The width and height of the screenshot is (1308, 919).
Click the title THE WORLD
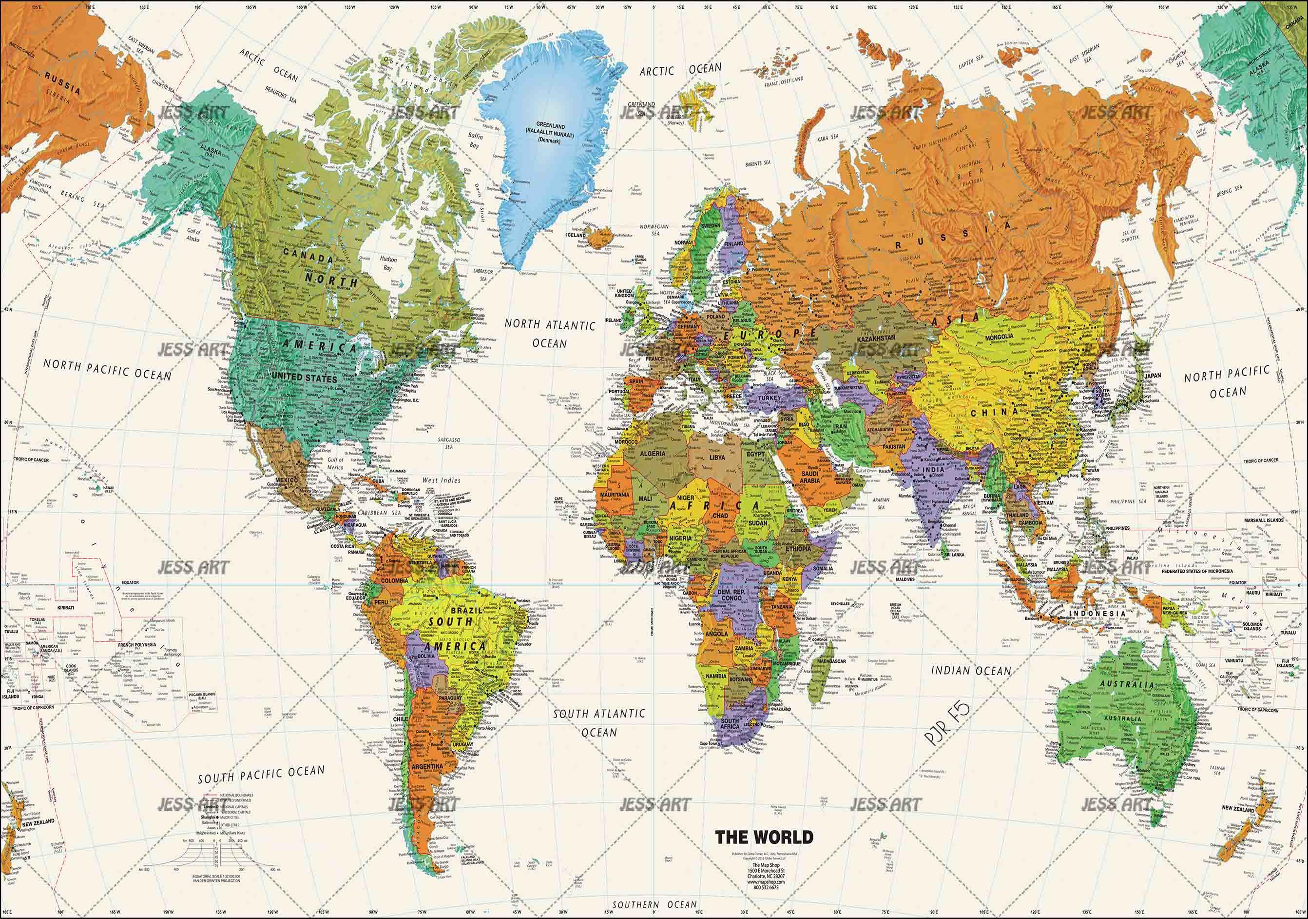pyautogui.click(x=764, y=837)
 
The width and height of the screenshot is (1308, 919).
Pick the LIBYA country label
pyautogui.click(x=717, y=457)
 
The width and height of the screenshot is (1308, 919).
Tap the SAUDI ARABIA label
pyautogui.click(x=809, y=477)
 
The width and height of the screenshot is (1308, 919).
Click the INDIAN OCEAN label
pyautogui.click(x=971, y=671)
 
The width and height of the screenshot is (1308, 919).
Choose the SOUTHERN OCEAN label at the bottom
pyautogui.click(x=654, y=905)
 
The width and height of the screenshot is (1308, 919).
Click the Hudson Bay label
pyautogui.click(x=388, y=263)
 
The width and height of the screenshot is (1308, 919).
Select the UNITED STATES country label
pyautogui.click(x=304, y=378)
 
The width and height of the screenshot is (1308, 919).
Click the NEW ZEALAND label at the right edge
pyautogui.click(x=1238, y=808)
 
